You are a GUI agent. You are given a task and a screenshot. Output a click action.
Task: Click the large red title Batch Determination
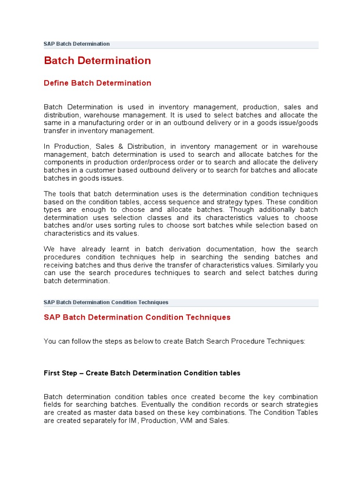97,61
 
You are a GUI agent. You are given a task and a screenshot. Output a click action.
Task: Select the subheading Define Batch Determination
97,83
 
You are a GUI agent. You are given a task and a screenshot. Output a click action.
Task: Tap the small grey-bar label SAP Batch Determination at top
76,44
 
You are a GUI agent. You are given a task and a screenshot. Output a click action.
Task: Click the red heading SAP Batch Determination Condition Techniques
137,317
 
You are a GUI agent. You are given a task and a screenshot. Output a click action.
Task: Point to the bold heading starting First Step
142,373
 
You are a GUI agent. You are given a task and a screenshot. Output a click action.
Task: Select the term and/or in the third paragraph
79,225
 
